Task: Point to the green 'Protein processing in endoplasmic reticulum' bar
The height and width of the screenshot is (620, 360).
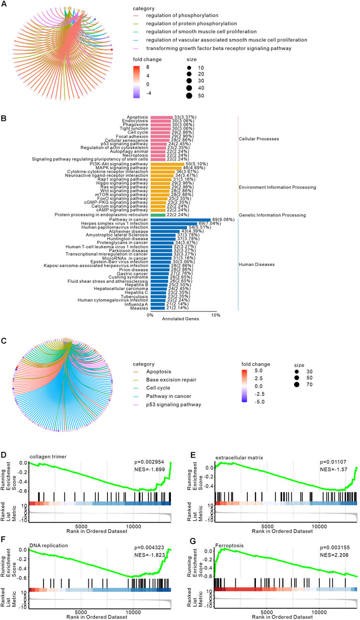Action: pyautogui.click(x=158, y=215)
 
